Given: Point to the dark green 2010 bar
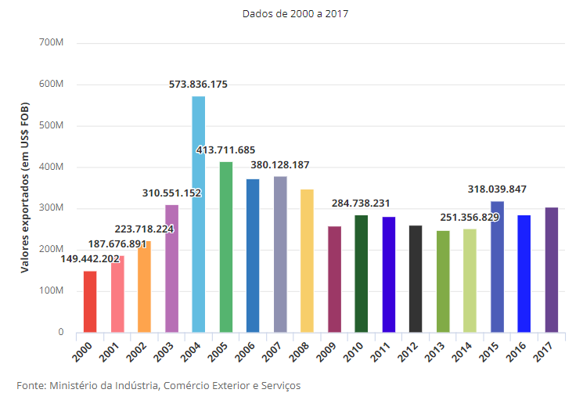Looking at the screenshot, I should click(362, 273).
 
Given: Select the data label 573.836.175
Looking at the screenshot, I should click(199, 85).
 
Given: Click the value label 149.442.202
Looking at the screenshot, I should click(90, 259).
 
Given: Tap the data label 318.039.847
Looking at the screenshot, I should click(497, 189).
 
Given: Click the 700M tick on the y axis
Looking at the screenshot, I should click(51, 42).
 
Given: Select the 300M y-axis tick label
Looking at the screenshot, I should click(51, 208).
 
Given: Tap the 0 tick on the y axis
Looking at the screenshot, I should click(60, 333).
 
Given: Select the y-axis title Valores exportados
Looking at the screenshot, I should click(25, 188).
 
